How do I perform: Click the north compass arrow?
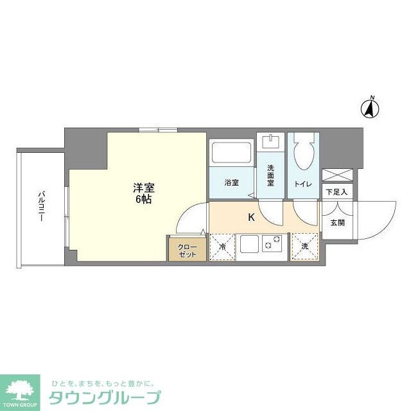(371, 109)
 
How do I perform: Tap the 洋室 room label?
(144, 188)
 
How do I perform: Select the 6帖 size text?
(144, 200)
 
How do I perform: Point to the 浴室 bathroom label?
(232, 183)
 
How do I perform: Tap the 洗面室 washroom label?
(271, 176)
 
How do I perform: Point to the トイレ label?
(303, 184)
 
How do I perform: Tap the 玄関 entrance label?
(337, 223)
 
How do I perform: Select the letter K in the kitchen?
(251, 217)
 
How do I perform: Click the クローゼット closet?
(187, 249)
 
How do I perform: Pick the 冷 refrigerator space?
(223, 247)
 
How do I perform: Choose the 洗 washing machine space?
(304, 247)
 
